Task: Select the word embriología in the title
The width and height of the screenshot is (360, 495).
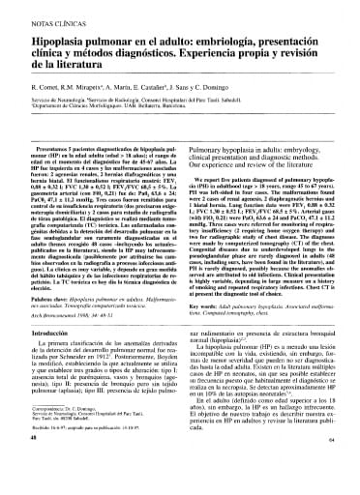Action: tap(270, 39)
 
